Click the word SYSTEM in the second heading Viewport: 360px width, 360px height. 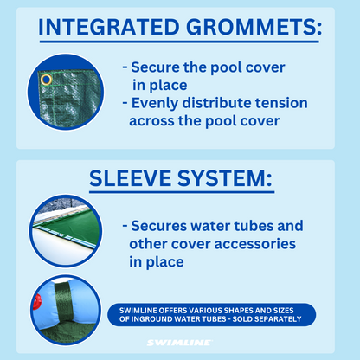tap(232, 180)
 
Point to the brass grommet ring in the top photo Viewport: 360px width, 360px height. tap(46, 80)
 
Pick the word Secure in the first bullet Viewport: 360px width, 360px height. tap(158, 67)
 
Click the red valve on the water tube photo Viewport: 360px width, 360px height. tap(35, 301)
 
